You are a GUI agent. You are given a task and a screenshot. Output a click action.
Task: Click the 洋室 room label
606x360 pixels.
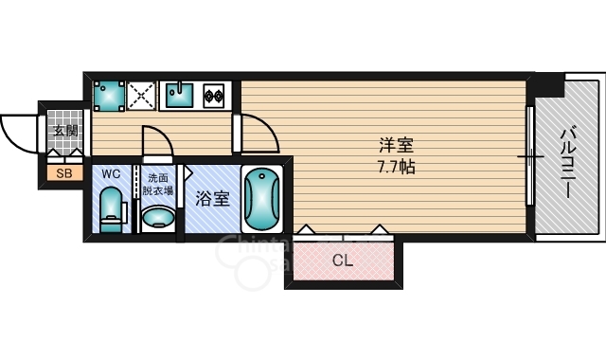tap(396, 145)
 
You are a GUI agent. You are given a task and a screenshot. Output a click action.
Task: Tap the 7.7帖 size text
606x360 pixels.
tap(396, 167)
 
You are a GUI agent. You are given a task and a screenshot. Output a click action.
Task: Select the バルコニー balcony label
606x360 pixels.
tap(568, 164)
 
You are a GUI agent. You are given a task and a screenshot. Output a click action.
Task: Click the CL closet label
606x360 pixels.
tap(343, 261)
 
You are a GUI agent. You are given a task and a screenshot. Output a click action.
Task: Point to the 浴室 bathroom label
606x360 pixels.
tap(212, 199)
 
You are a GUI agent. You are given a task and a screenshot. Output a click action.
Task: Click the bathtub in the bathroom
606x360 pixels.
tap(261, 199)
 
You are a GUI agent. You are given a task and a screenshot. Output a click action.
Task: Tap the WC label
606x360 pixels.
tap(111, 174)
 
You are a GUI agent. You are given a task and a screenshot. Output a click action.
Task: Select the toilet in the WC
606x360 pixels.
tap(113, 209)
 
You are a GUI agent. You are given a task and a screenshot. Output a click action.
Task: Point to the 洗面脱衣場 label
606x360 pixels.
tap(158, 184)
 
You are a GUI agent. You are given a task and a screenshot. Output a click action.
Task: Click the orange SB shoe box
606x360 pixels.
tap(64, 173)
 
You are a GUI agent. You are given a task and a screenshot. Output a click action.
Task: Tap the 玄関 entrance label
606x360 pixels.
tap(65, 131)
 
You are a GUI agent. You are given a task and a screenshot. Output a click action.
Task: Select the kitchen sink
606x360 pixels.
tap(180, 95)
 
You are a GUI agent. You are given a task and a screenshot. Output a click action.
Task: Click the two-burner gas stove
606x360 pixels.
tap(214, 96)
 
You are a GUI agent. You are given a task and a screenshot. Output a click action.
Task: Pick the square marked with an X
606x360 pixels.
tap(141, 96)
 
